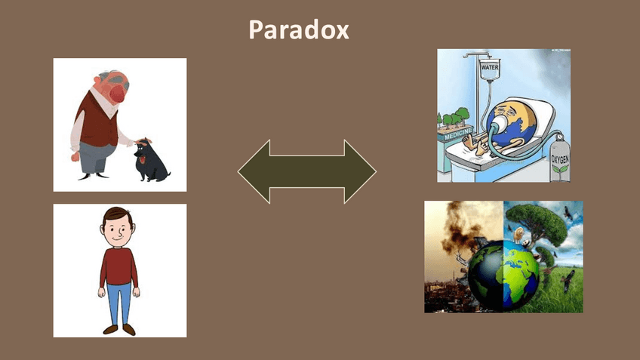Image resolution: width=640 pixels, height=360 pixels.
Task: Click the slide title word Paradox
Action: click(299, 29)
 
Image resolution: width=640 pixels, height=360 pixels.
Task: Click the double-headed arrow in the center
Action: click(307, 171)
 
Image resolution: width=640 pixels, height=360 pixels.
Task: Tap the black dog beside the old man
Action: click(151, 159)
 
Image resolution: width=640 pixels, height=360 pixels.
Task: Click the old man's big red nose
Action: click(118, 93)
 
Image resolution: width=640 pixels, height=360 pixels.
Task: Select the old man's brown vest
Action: click(97, 122)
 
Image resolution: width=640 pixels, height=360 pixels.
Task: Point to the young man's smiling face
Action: click(118, 232)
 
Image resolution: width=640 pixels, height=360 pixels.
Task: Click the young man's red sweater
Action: click(118, 268)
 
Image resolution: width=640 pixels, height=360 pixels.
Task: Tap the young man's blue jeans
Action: click(119, 303)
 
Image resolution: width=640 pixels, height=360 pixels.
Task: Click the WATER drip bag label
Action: click(490, 67)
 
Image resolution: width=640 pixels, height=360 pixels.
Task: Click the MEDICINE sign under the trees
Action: click(458, 134)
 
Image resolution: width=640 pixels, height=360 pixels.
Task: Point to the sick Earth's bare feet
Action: click(475, 146)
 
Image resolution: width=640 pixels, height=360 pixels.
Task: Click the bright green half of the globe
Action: click(522, 274)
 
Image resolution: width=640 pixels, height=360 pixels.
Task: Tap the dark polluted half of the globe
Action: click(485, 274)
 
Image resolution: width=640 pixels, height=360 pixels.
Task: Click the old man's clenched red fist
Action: click(75, 157)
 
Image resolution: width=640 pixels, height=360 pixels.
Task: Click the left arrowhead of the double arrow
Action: click(254, 171)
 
